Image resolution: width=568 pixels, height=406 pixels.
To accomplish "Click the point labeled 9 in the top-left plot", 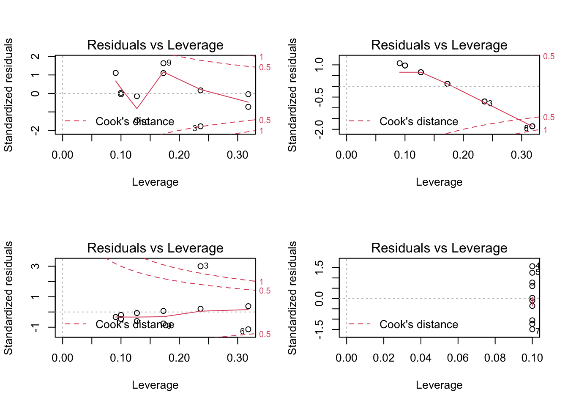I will click(x=164, y=63).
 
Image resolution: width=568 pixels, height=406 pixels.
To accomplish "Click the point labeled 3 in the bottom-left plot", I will click(x=200, y=266).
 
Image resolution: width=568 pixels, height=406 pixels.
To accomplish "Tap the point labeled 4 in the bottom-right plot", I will click(x=532, y=266).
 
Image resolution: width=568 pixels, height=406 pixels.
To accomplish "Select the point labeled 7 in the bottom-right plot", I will click(x=532, y=329).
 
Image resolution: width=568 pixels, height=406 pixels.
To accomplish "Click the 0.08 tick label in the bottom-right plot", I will click(x=495, y=358).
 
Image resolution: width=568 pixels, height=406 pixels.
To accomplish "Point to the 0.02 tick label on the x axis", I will click(x=384, y=358).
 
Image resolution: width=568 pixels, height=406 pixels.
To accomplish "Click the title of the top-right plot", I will click(x=439, y=45).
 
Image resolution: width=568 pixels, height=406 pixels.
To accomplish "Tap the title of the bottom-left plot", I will click(x=155, y=248).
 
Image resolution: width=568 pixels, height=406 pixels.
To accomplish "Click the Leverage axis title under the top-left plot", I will click(x=155, y=182).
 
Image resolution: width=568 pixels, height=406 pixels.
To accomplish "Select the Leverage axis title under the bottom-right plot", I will click(x=439, y=385).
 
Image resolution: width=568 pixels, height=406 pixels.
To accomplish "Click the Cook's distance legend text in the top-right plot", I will click(x=418, y=121).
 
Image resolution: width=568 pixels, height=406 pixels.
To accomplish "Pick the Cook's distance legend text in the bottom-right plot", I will click(x=418, y=324).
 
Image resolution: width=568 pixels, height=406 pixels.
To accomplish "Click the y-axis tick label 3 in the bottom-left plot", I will click(x=36, y=266).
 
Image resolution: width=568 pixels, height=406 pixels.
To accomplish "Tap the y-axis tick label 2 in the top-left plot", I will click(x=36, y=56).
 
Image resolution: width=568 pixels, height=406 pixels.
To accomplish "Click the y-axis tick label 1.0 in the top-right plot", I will click(x=320, y=64).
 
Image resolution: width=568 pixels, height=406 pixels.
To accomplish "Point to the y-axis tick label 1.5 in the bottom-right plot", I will click(x=320, y=267).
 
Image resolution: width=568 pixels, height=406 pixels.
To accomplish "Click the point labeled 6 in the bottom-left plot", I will click(x=248, y=329).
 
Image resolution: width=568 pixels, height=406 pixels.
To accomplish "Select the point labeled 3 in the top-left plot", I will click(x=200, y=126).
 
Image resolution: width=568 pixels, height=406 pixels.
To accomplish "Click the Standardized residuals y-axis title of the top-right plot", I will click(x=292, y=95).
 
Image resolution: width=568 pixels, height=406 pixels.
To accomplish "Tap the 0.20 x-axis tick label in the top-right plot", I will click(x=463, y=155).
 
